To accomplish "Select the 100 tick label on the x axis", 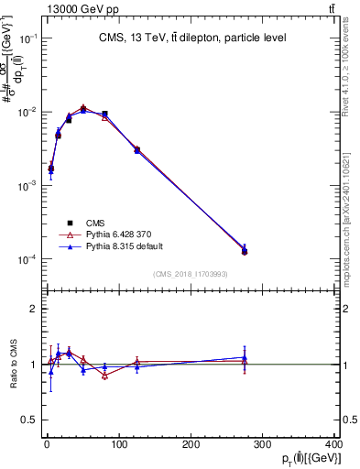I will click(x=119, y=446).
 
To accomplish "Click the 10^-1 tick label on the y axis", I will click(x=27, y=38).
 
